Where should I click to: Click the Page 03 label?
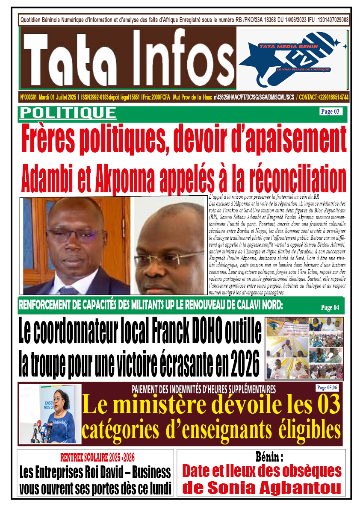[x=330, y=112]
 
